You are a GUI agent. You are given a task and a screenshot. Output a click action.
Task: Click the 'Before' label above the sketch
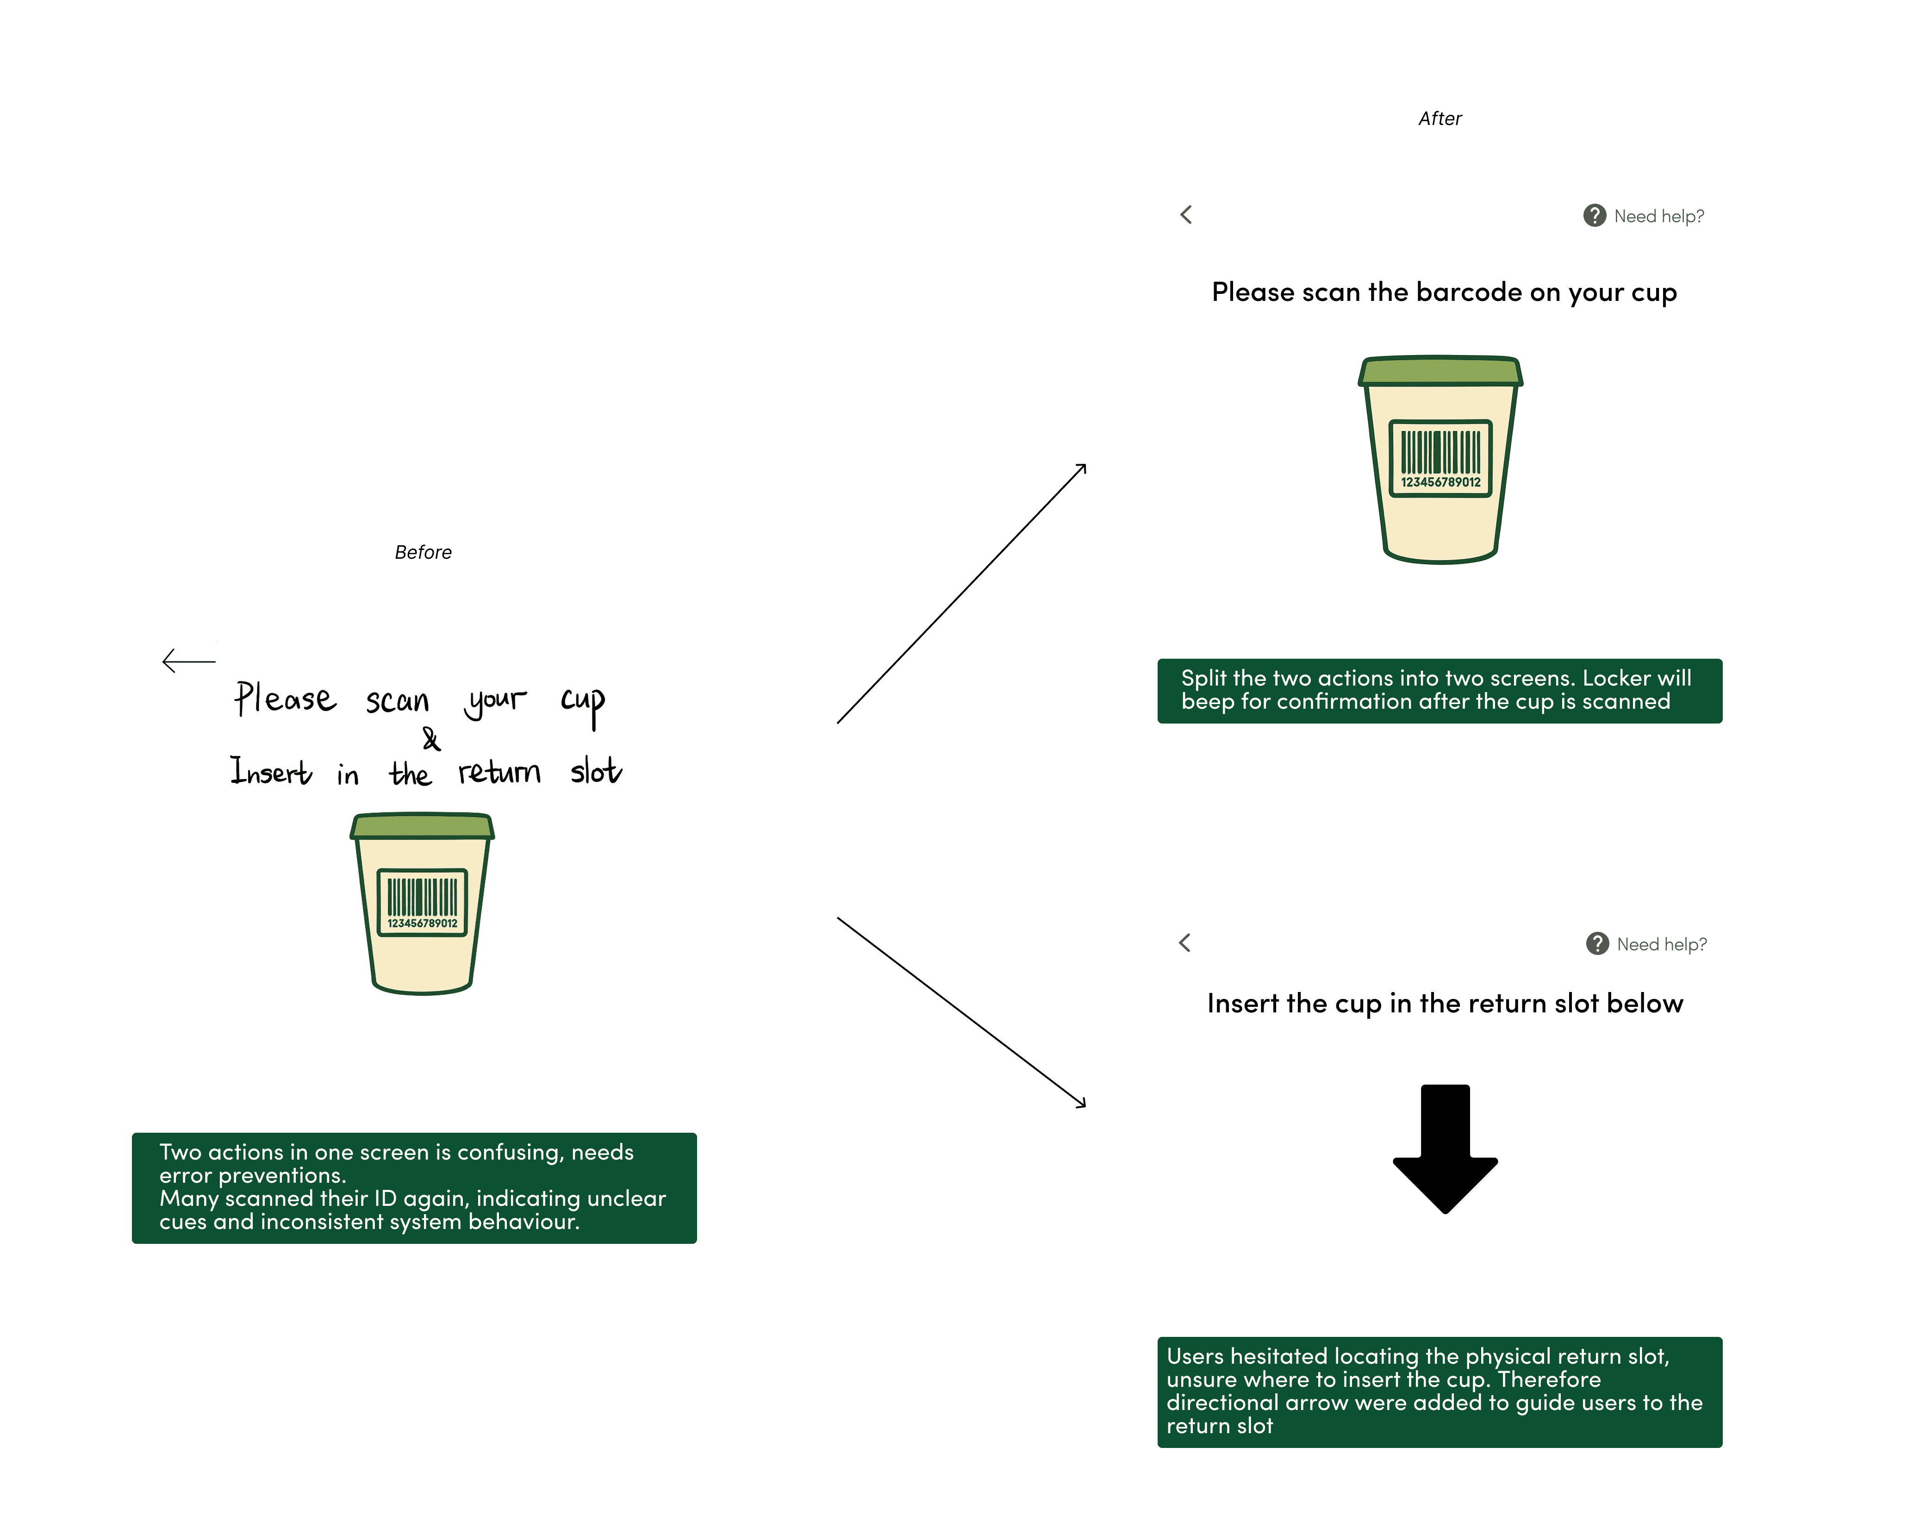(423, 552)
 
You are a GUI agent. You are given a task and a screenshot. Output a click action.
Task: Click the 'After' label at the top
(1439, 119)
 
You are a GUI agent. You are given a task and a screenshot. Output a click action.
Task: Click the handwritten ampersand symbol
(431, 739)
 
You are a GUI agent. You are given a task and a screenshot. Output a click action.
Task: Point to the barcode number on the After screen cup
(1440, 482)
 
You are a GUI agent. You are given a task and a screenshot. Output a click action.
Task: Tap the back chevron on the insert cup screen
(1184, 942)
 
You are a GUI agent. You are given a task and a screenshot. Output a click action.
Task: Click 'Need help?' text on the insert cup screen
(1661, 944)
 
